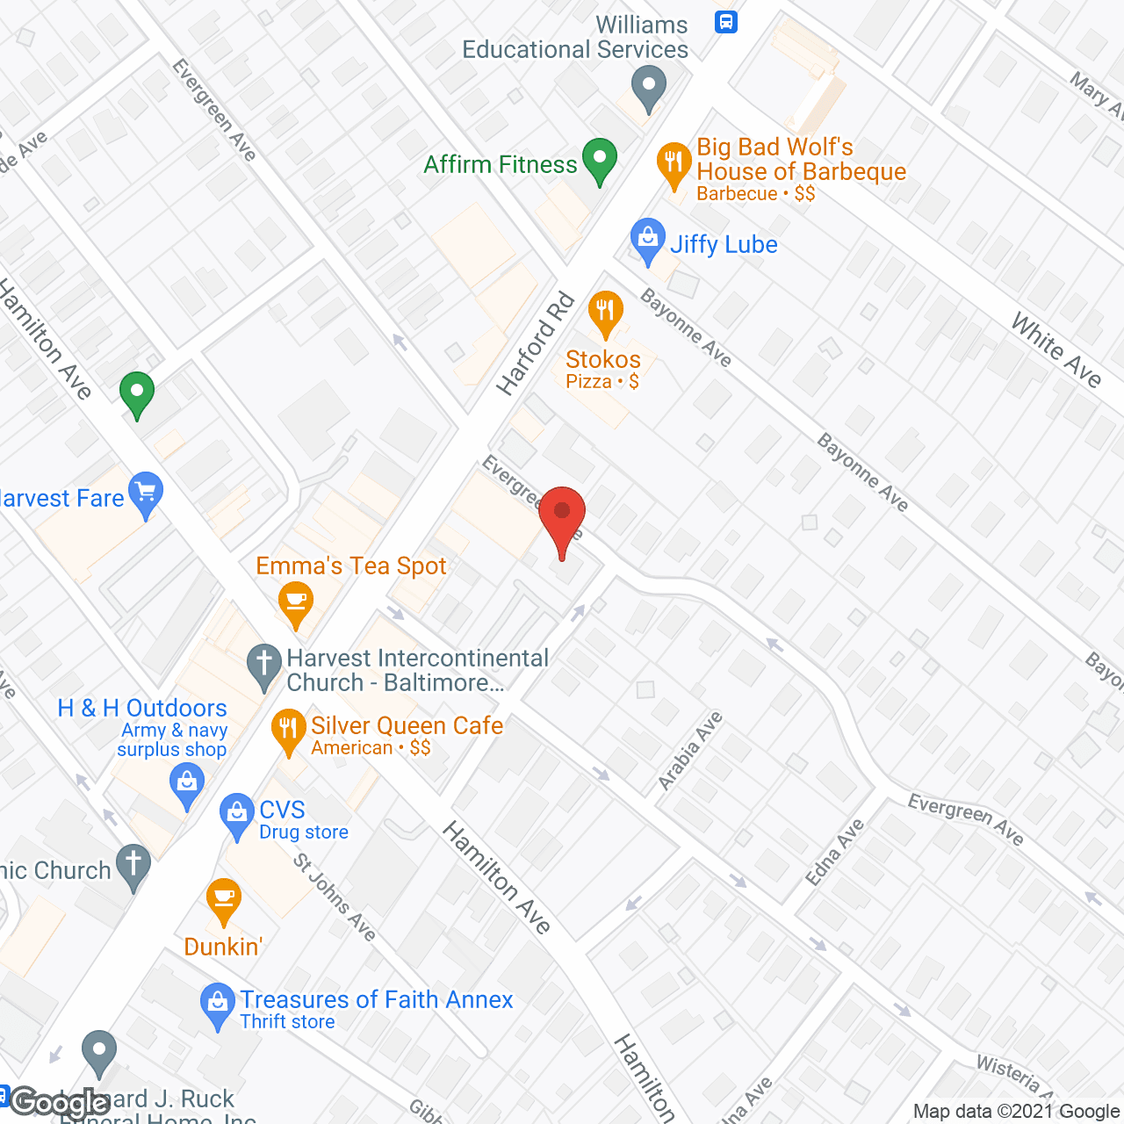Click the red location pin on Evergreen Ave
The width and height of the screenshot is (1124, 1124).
pos(562,515)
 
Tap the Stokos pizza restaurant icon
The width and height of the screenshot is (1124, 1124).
pos(605,312)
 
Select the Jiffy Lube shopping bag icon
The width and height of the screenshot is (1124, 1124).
pos(648,240)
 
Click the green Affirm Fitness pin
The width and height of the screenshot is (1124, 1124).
pos(600,160)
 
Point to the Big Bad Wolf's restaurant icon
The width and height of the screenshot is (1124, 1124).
pos(674,163)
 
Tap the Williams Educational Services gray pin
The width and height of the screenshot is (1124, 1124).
pos(649,89)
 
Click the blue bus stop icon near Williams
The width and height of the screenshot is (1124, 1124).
pos(726,22)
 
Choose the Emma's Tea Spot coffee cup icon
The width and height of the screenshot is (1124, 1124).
pos(296,602)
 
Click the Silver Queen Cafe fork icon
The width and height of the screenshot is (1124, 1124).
pos(287,731)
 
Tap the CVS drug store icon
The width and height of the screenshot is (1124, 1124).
pos(237,814)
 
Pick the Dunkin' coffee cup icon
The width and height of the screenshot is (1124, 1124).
pos(224,899)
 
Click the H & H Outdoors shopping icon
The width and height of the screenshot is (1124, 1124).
pos(187,782)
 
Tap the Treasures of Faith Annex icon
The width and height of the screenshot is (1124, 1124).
pos(218,1004)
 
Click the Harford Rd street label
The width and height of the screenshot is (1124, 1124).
pos(535,344)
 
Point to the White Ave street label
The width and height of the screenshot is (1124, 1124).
pos(1056,349)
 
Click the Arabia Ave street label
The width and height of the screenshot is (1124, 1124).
pos(690,751)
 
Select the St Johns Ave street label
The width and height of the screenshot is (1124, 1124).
pos(335,897)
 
